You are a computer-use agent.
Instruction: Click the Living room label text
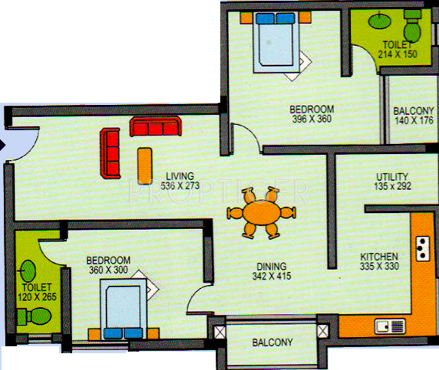click(x=180, y=176)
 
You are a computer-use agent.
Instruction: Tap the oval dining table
click(x=261, y=213)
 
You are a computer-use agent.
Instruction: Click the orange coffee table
click(x=144, y=165)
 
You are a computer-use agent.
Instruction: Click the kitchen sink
click(x=390, y=326)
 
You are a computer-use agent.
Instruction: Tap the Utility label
click(x=392, y=176)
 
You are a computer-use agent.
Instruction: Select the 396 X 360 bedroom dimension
click(x=312, y=118)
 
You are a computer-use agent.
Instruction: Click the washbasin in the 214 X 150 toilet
click(x=377, y=21)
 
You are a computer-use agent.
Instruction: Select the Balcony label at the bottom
click(x=273, y=343)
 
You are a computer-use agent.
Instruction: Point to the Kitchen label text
click(x=379, y=257)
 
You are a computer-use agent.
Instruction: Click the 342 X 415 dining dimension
click(x=272, y=276)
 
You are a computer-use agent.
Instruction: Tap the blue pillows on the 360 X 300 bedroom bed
click(x=123, y=333)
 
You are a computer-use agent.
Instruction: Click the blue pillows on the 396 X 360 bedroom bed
click(x=276, y=18)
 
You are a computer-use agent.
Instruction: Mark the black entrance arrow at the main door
click(x=2, y=144)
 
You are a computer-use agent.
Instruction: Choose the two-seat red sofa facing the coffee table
click(x=110, y=153)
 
